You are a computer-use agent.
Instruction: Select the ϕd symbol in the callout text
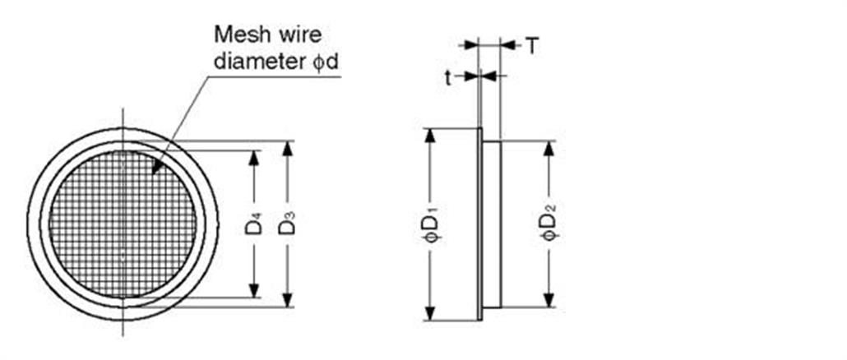tap(325, 62)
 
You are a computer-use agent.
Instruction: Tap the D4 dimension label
tap(254, 224)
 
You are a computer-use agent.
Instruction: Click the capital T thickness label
tap(533, 46)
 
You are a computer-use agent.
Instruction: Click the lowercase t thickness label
tap(448, 77)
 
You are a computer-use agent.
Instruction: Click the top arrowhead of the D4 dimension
tap(254, 158)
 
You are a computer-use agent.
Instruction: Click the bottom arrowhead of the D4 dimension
tap(254, 290)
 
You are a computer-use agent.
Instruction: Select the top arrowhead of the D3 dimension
tap(287, 149)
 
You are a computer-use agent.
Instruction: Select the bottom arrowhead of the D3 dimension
tap(287, 299)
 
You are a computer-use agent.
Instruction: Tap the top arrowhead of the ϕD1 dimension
tap(430, 136)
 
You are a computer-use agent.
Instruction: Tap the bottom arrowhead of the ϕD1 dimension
tap(430, 312)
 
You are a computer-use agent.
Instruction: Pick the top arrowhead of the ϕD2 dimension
tap(548, 149)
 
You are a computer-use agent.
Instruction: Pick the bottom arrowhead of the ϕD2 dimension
tap(548, 299)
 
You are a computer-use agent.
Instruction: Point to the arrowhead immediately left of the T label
tap(509, 46)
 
